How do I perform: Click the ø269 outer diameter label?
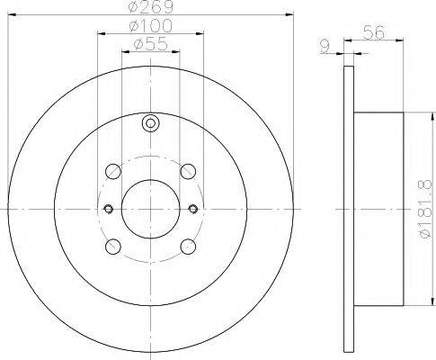click(x=150, y=8)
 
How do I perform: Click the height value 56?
click(x=374, y=30)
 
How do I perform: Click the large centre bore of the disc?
click(x=150, y=209)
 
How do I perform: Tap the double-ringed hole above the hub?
click(x=150, y=124)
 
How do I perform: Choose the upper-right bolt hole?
click(x=187, y=171)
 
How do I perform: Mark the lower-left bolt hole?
click(x=113, y=246)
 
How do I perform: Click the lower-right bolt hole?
click(x=187, y=246)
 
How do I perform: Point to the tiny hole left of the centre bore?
click(x=107, y=209)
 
